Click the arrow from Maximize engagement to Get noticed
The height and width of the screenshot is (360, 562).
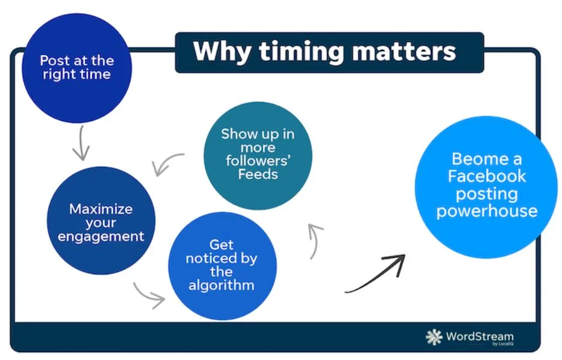(148, 294)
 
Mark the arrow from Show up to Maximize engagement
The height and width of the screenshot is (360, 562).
(169, 163)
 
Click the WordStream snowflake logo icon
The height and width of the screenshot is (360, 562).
(434, 337)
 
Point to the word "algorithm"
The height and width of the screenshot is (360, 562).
(221, 285)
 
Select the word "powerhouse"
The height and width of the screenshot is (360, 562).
(486, 211)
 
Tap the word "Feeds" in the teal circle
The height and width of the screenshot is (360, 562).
(258, 175)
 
